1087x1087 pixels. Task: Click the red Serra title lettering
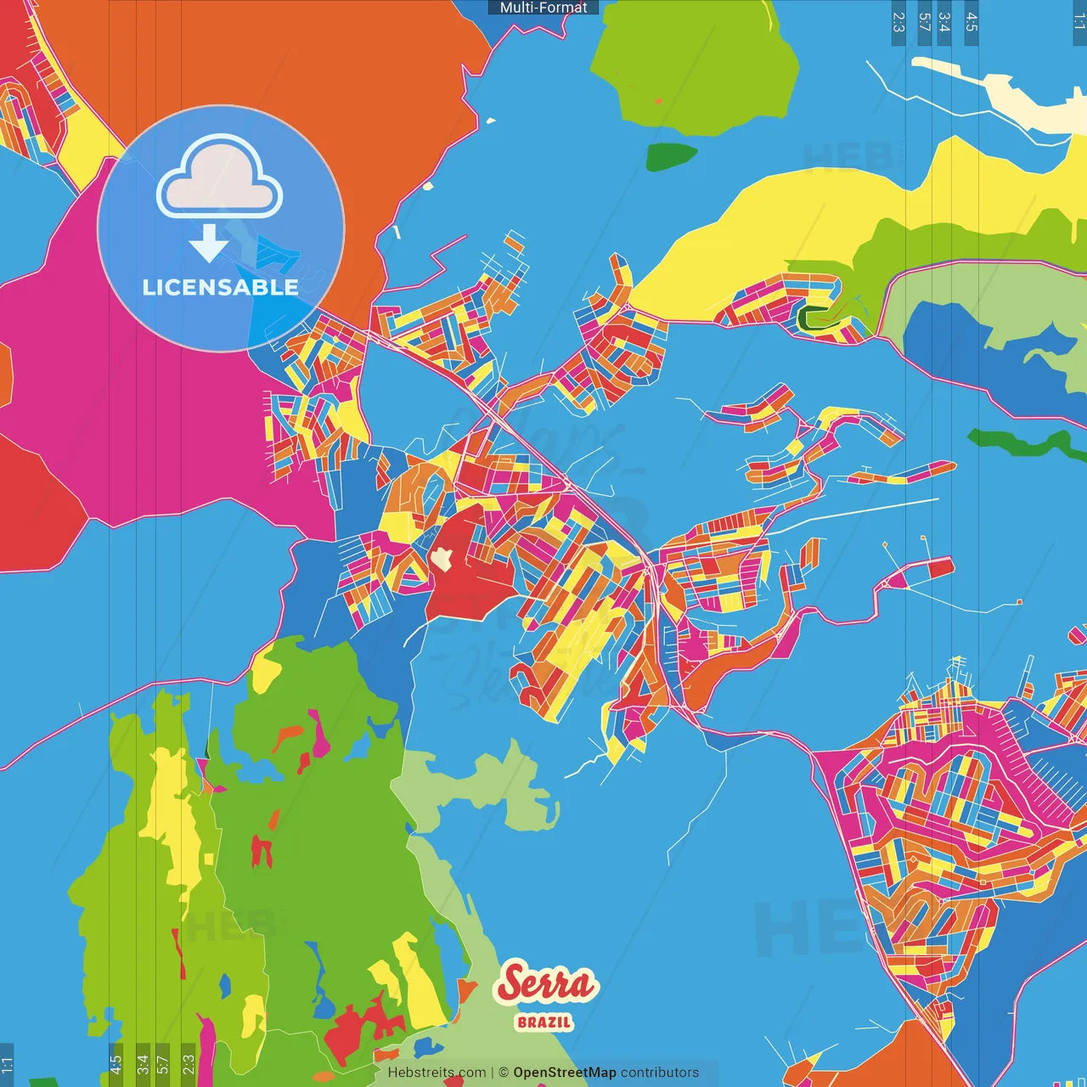click(547, 984)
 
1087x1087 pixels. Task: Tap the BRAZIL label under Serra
click(544, 1022)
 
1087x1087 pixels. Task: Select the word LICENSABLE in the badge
click(221, 287)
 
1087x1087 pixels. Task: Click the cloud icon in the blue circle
click(220, 175)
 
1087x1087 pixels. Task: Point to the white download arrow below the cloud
click(209, 243)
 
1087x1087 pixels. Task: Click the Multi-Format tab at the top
click(543, 8)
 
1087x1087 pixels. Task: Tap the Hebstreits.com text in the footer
click(436, 1073)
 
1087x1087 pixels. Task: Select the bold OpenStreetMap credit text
click(564, 1073)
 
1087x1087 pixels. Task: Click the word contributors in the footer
click(660, 1073)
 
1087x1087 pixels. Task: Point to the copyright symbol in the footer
click(504, 1073)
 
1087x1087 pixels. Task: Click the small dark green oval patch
click(671, 156)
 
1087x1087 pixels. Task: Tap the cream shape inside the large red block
click(442, 558)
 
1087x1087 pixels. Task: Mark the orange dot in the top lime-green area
click(658, 101)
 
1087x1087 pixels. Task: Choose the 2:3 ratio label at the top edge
click(898, 22)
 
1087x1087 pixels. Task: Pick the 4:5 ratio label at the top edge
click(972, 22)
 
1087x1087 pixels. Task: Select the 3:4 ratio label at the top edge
click(944, 22)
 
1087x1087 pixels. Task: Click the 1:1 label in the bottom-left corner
click(7, 1063)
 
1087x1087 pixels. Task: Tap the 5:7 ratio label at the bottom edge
click(163, 1063)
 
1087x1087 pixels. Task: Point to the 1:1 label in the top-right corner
click(1079, 22)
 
